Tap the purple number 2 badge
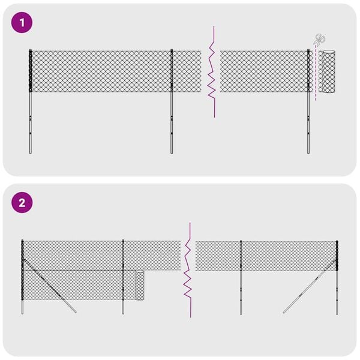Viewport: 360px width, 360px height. (23, 203)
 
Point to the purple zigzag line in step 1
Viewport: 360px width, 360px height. (212, 72)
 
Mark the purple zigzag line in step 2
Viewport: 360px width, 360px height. (188, 270)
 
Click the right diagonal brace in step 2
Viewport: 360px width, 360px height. (309, 288)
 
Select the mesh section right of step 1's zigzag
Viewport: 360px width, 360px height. (264, 71)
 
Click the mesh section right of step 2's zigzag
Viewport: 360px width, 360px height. (264, 256)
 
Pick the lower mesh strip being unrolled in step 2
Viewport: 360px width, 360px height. (78, 285)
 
